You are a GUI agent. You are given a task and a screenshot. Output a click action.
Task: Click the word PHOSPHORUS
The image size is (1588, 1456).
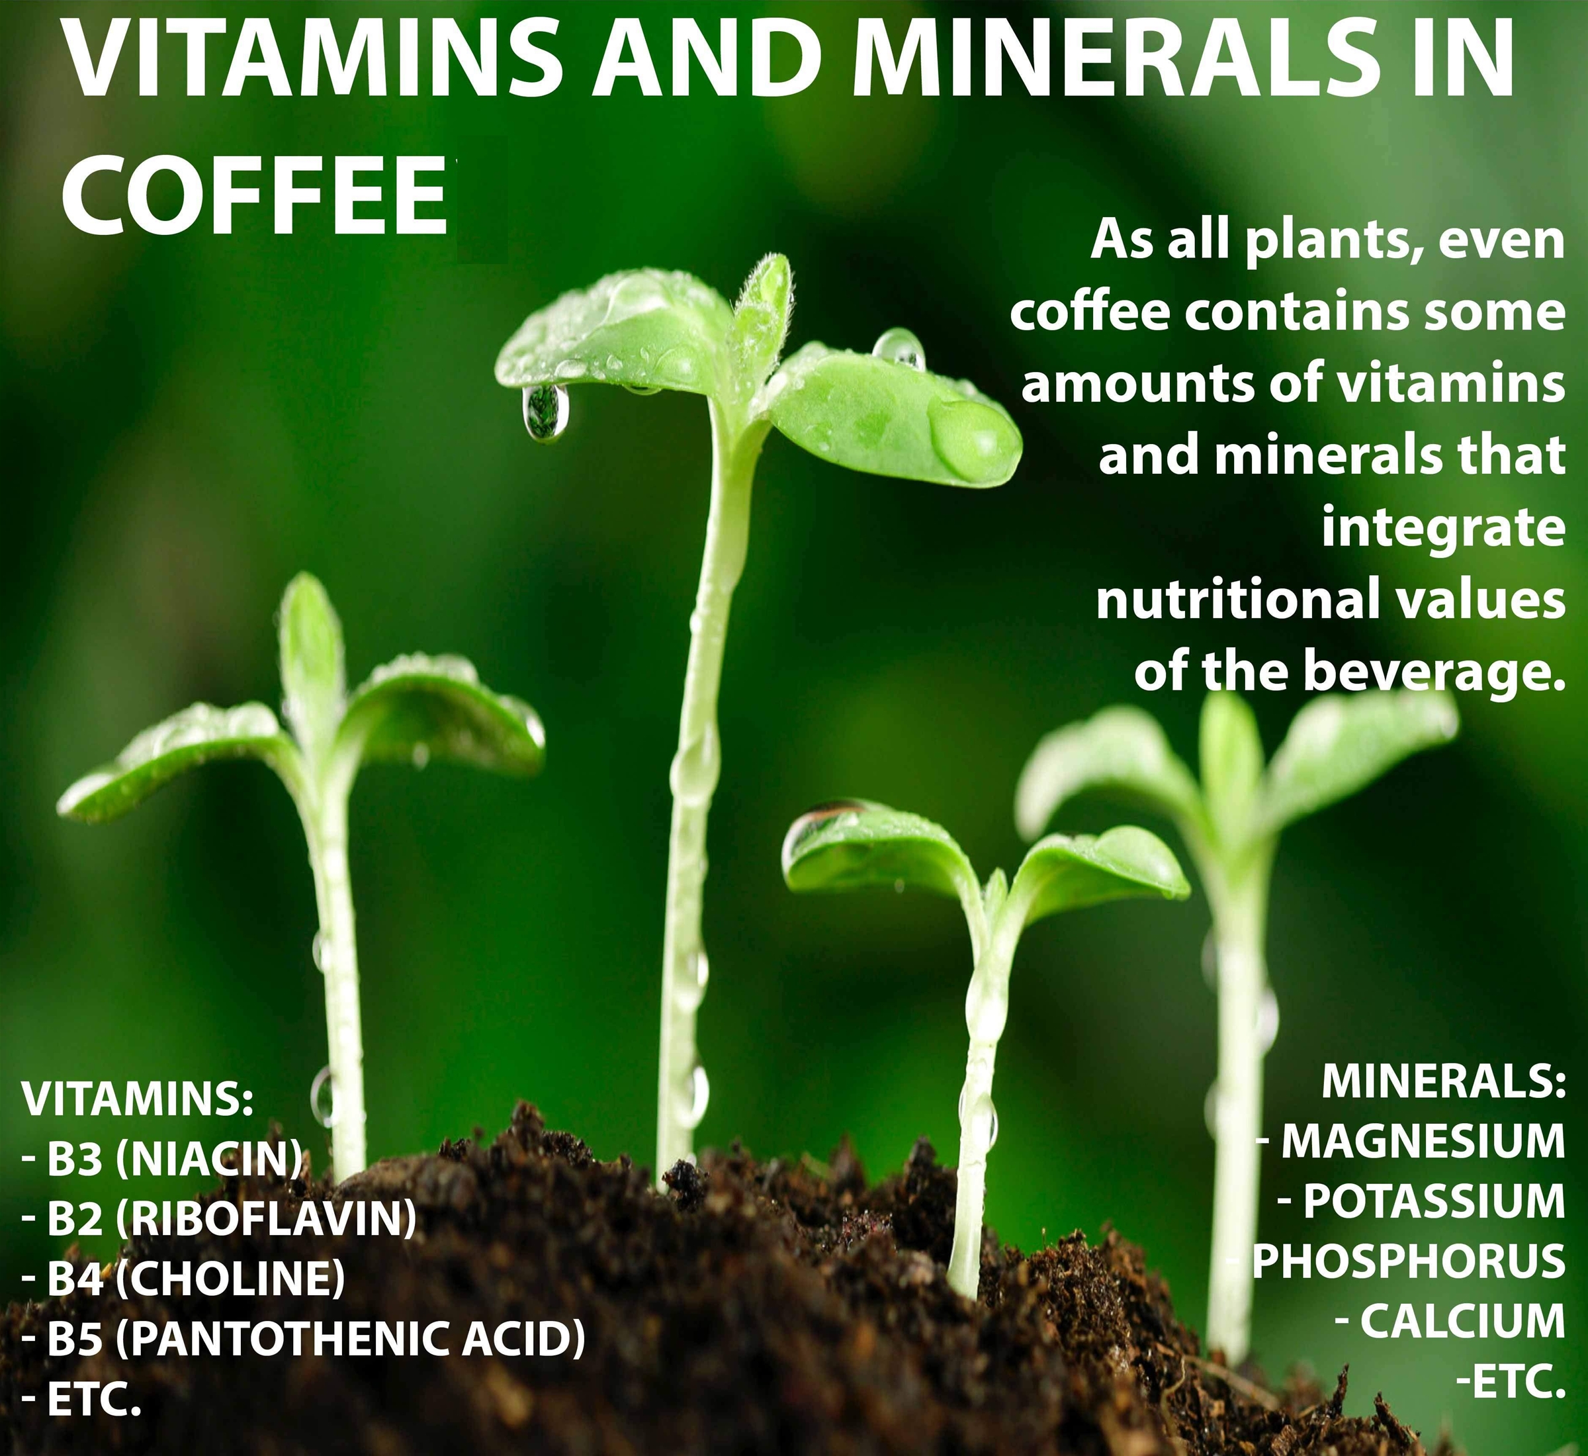coord(1409,1261)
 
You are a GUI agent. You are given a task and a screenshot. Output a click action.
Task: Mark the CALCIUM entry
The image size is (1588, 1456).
coord(1463,1321)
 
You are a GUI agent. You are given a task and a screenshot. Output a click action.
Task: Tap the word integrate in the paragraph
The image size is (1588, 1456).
coord(1443,529)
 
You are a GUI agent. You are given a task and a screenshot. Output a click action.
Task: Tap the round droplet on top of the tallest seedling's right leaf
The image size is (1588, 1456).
coord(899,350)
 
